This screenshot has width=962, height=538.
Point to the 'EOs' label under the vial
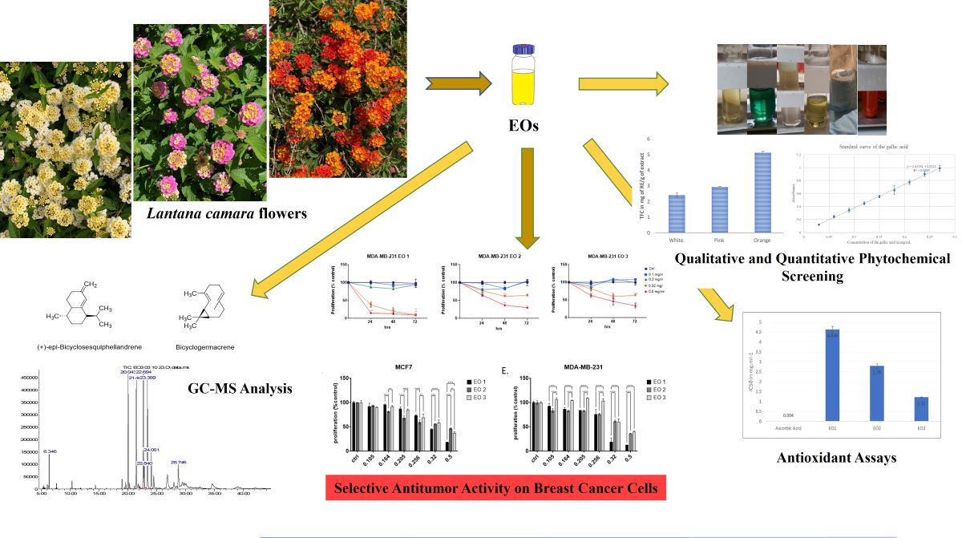523,126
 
